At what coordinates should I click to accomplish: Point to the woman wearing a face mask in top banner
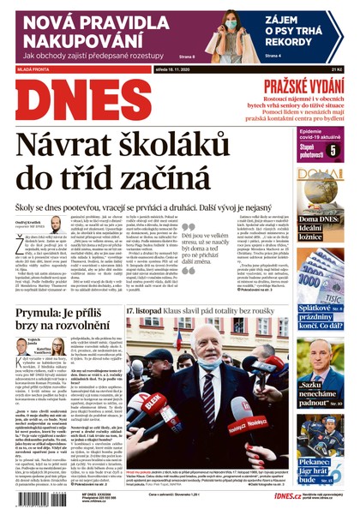[x=219, y=32]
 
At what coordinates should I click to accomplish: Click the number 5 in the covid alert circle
[x=333, y=152]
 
